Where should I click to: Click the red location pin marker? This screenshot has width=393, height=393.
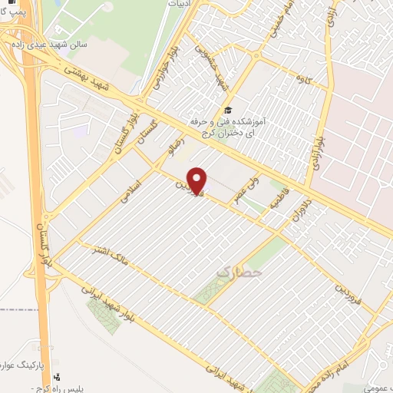[198, 180]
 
